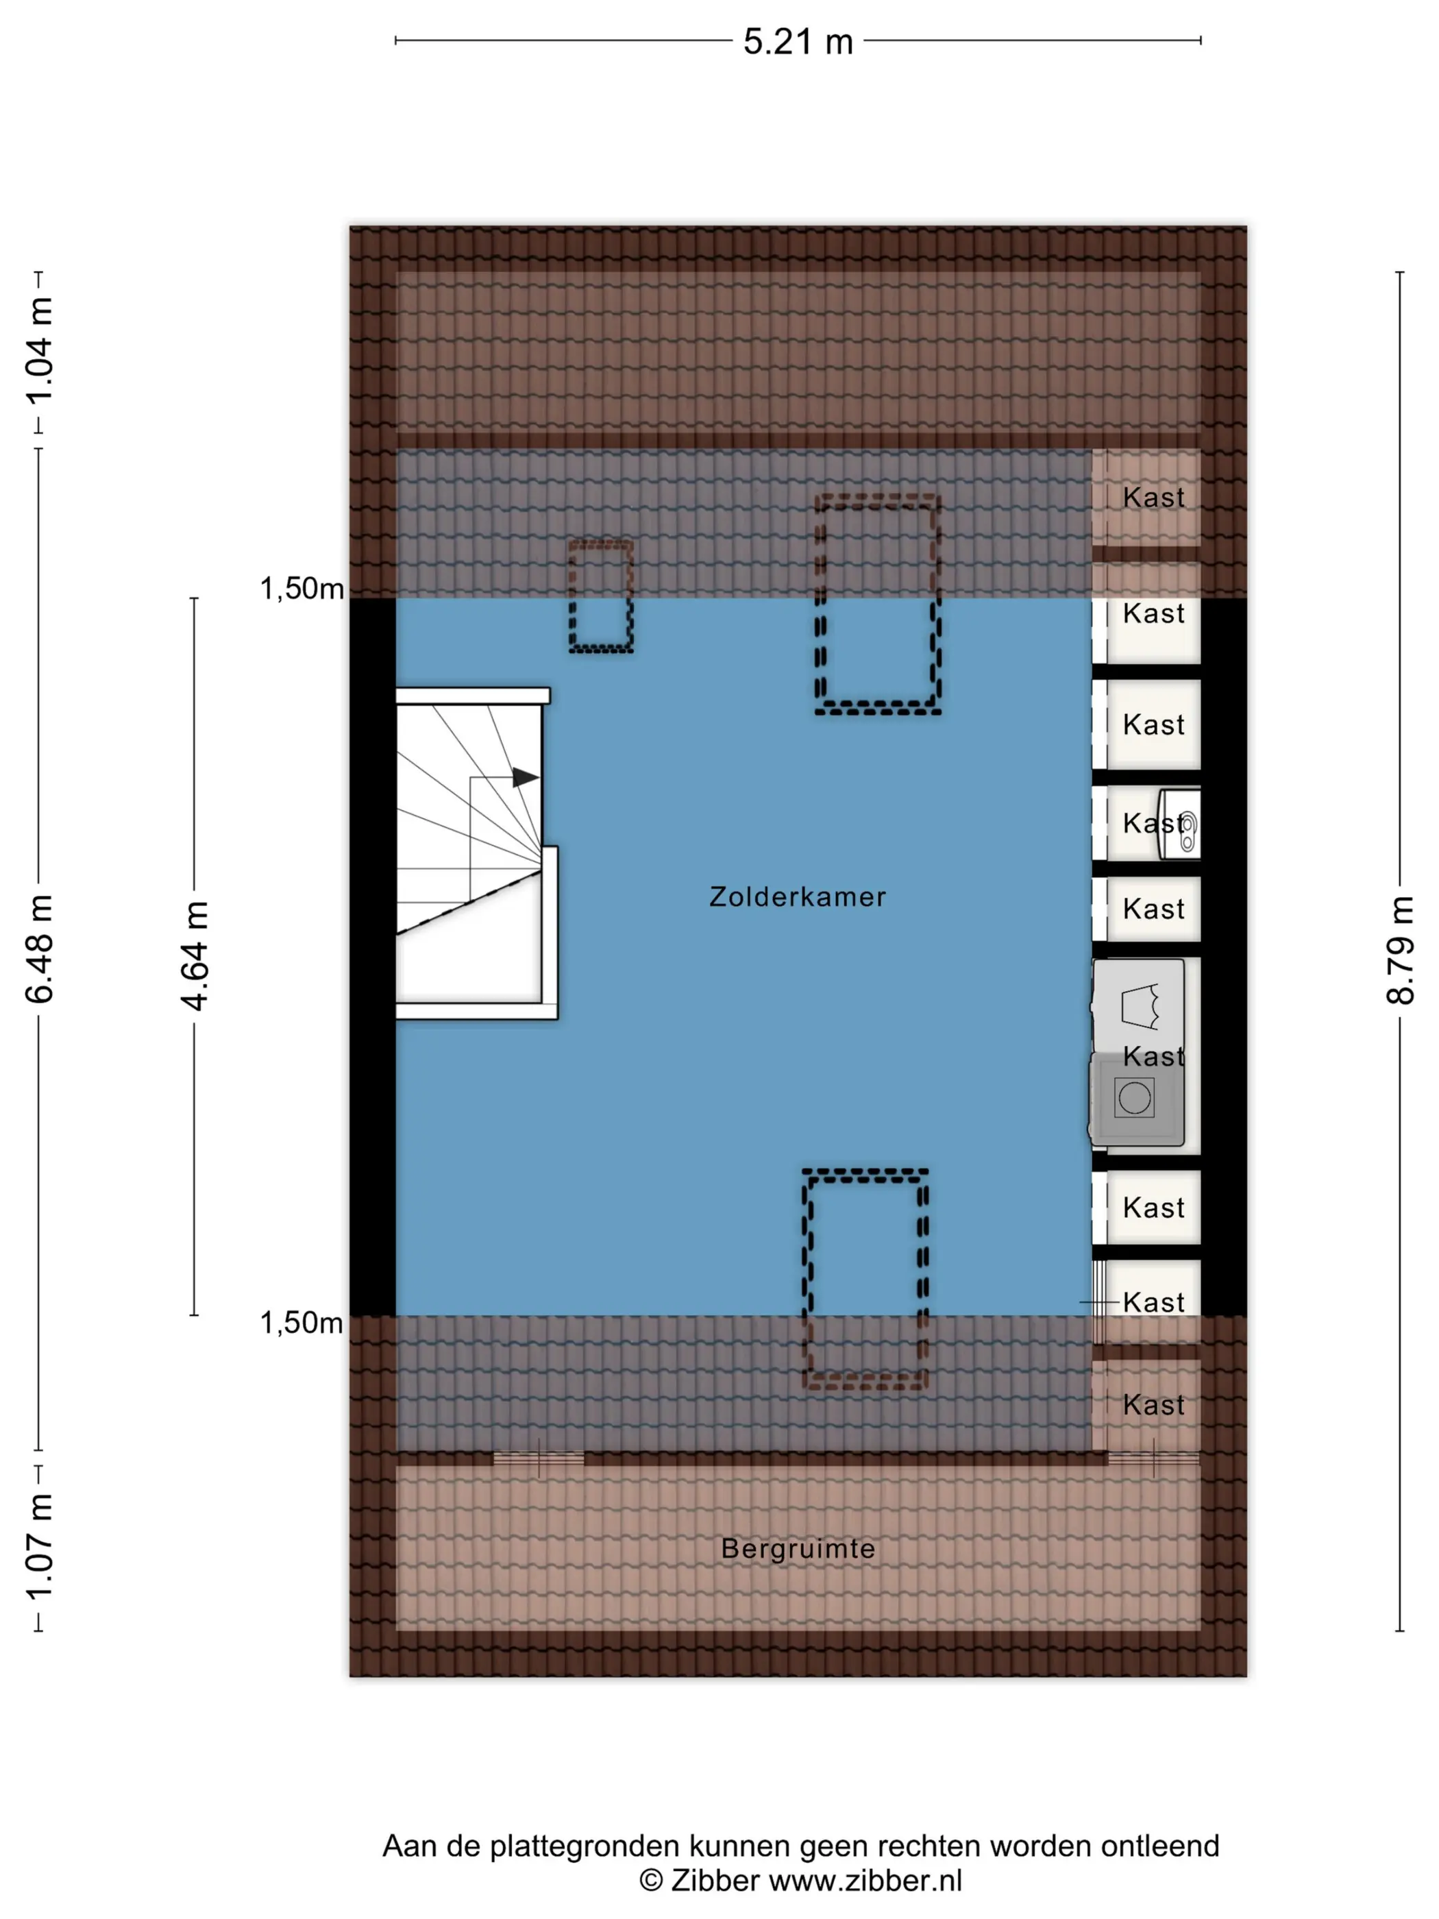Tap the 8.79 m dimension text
click(1400, 951)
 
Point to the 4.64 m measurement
click(195, 956)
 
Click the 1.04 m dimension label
click(39, 350)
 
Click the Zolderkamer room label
click(798, 896)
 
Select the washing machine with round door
click(1135, 1099)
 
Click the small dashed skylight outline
click(601, 596)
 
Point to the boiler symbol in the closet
click(1181, 824)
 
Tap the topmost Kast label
click(1154, 498)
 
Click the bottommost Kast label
click(1154, 1406)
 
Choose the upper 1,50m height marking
click(302, 589)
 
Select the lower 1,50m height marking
click(302, 1323)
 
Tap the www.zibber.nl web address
click(865, 1880)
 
